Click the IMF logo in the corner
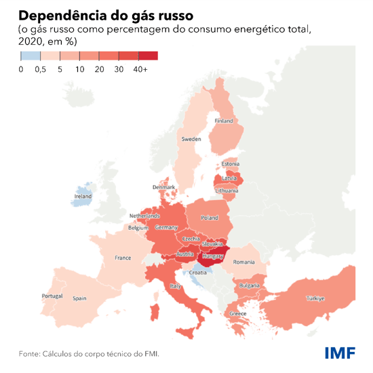click(x=339, y=353)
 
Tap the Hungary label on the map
click(x=213, y=258)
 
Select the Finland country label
click(x=224, y=121)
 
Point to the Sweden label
click(x=191, y=139)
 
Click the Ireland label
click(x=83, y=197)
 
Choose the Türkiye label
click(x=315, y=298)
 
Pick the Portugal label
click(x=52, y=296)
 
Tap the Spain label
click(x=80, y=298)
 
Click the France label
click(x=123, y=258)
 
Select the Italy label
click(x=176, y=287)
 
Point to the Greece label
click(x=238, y=314)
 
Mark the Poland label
click(x=210, y=218)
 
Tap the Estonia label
click(x=231, y=164)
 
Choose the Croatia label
click(x=197, y=272)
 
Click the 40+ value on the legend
click(x=141, y=70)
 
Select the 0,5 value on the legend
click(x=41, y=70)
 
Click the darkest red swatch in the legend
click(x=148, y=56)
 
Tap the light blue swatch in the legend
click(x=31, y=56)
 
